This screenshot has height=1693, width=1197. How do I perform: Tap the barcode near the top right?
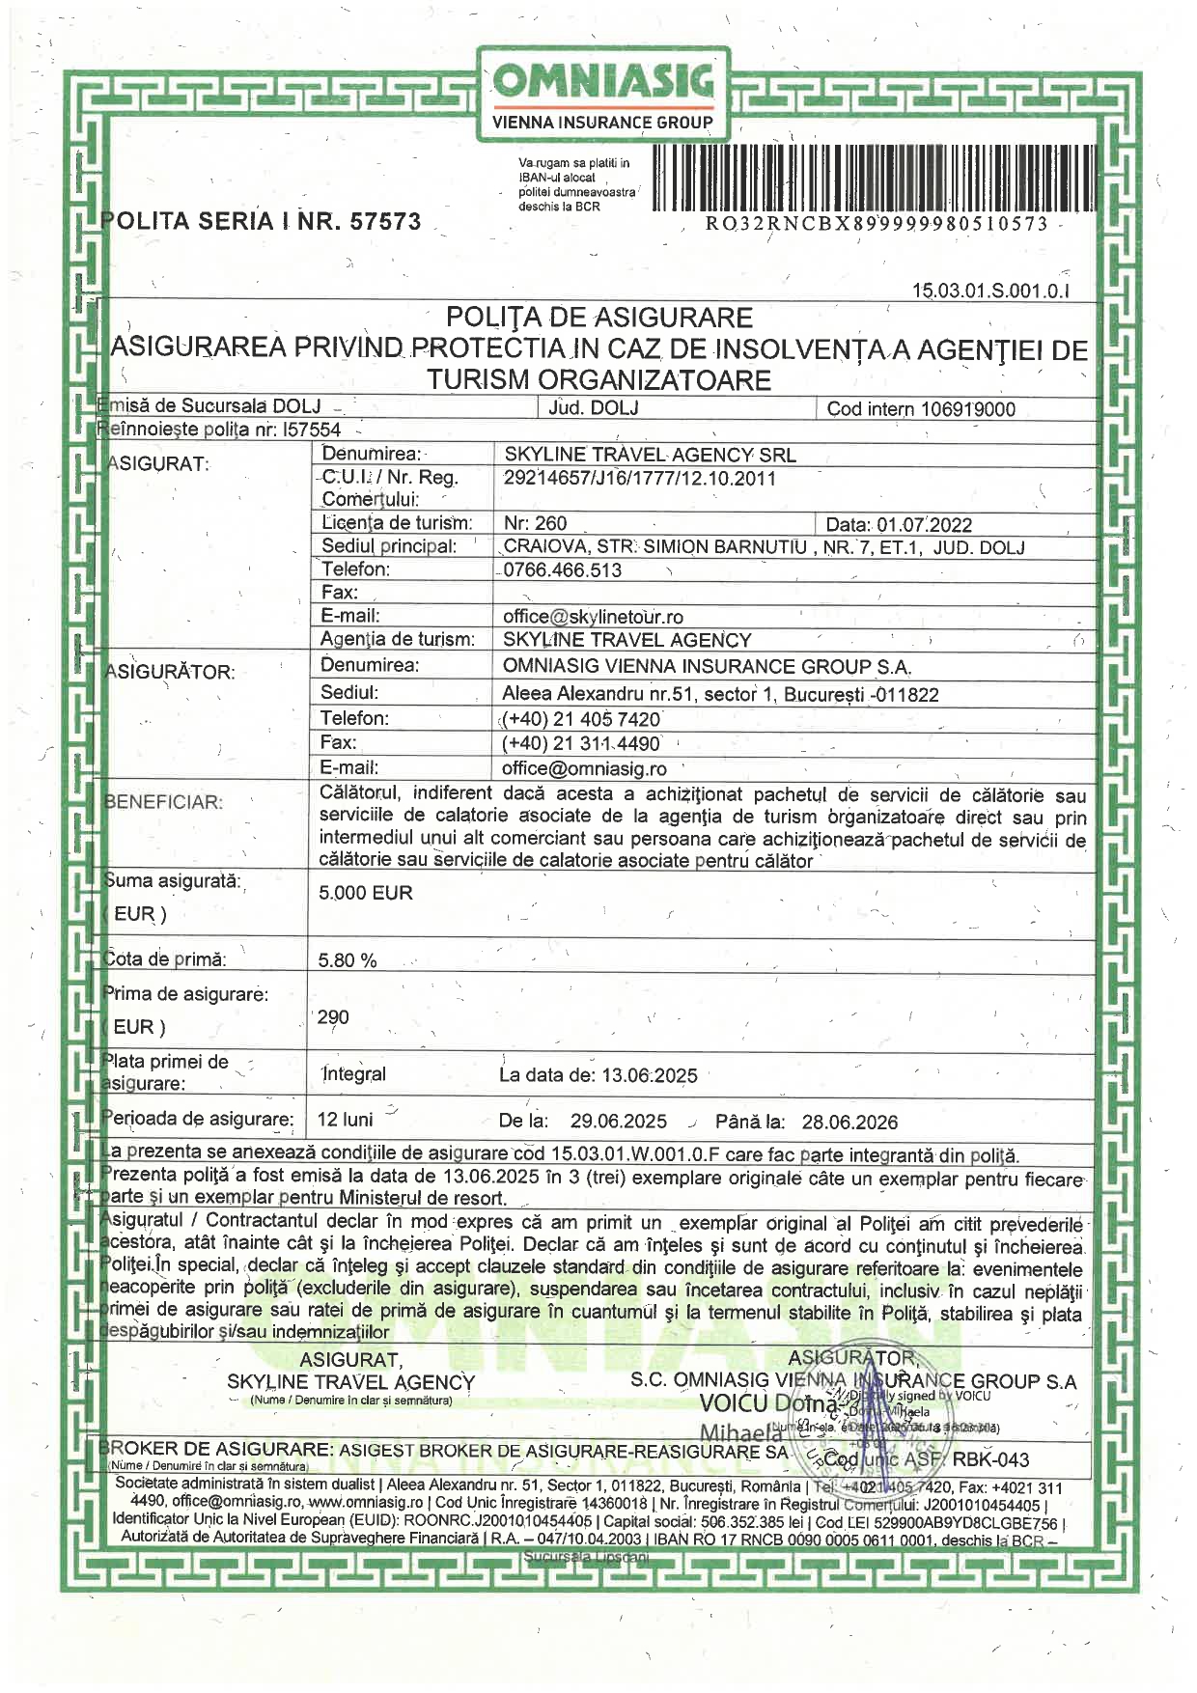coord(875,178)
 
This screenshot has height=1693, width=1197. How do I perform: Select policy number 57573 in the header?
coord(385,222)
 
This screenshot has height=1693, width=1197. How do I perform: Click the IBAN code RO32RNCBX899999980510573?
coord(877,224)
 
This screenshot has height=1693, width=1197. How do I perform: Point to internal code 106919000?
coord(968,409)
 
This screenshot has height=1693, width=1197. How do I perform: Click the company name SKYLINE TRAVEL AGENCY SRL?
coord(650,455)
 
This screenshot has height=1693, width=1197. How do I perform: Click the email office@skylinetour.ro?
coord(593,617)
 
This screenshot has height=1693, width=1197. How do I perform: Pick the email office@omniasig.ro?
coord(584,769)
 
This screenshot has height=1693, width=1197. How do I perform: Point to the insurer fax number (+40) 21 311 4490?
coord(581,744)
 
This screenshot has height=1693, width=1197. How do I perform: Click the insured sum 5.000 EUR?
coord(366,893)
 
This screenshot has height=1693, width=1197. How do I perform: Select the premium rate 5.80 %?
coord(348,960)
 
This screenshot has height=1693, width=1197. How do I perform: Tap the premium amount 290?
coord(333,1017)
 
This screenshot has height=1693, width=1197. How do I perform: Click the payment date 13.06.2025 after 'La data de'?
coord(649,1075)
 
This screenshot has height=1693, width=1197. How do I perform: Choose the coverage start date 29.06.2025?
coord(618,1122)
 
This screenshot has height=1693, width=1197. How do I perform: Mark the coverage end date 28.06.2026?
coord(849,1123)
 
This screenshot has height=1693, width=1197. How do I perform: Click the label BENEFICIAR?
coord(163,802)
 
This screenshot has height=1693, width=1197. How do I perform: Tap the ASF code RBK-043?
coord(992,1460)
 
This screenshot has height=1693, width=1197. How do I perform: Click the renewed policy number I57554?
coord(312,430)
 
